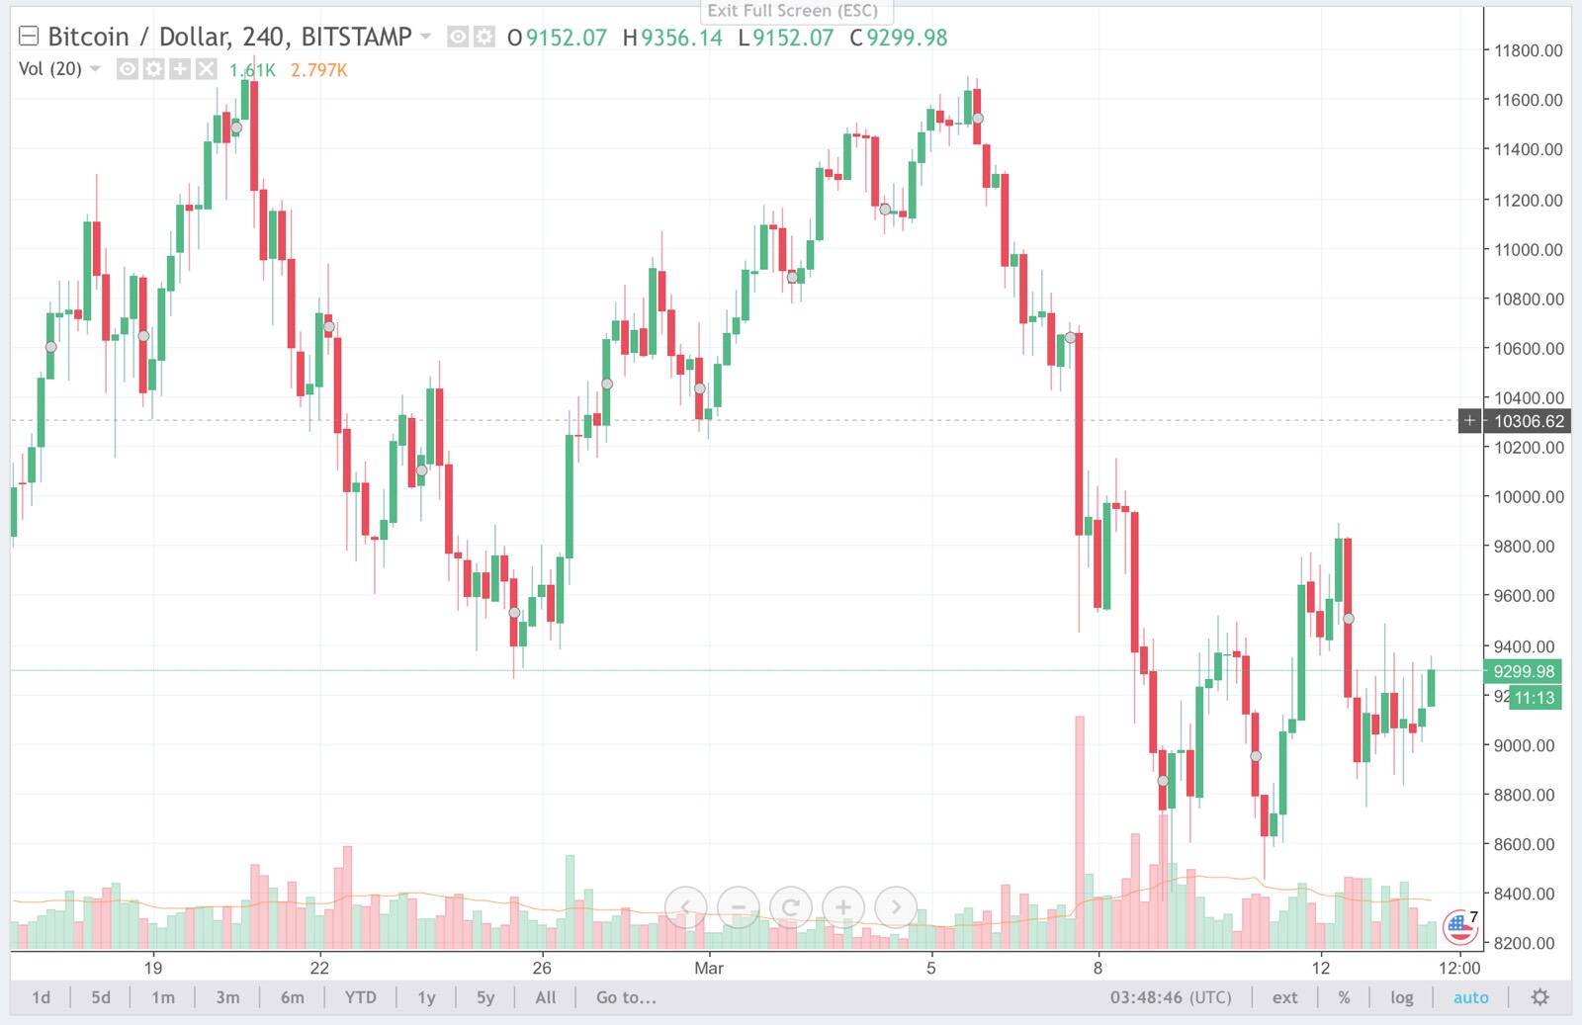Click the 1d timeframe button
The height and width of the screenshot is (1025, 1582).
click(x=41, y=997)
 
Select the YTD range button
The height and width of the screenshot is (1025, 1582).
click(x=360, y=997)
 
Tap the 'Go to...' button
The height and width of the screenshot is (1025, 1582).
click(x=626, y=997)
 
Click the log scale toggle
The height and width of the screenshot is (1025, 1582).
click(x=1401, y=997)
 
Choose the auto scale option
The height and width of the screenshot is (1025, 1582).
click(x=1470, y=997)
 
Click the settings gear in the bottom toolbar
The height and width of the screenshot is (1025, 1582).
click(x=1539, y=997)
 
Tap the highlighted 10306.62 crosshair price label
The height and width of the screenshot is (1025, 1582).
click(x=1529, y=421)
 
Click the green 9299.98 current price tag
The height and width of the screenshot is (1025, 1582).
click(x=1524, y=671)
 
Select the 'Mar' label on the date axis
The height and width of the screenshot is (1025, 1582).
click(x=708, y=968)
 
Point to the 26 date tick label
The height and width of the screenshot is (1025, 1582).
click(x=542, y=968)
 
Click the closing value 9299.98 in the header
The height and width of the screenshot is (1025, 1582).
click(x=907, y=38)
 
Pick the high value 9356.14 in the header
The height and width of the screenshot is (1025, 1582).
click(x=681, y=38)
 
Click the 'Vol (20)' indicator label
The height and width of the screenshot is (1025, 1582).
click(x=49, y=69)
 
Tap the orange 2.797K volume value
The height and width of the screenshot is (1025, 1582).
click(x=318, y=70)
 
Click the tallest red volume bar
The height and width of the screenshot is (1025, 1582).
click(x=1080, y=831)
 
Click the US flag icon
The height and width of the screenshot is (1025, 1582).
click(x=1459, y=927)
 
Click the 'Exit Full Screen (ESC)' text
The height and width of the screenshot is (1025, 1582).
click(x=792, y=11)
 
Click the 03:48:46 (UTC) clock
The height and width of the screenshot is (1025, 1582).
click(x=1171, y=997)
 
